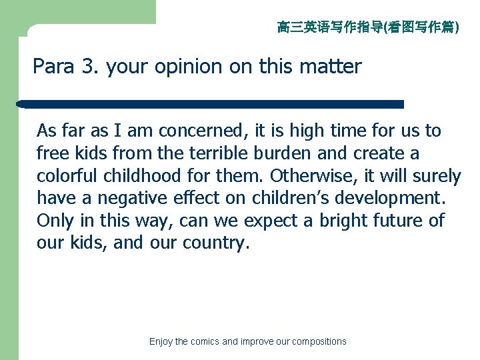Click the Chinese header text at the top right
(368, 27)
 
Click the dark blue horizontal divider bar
(211, 104)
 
